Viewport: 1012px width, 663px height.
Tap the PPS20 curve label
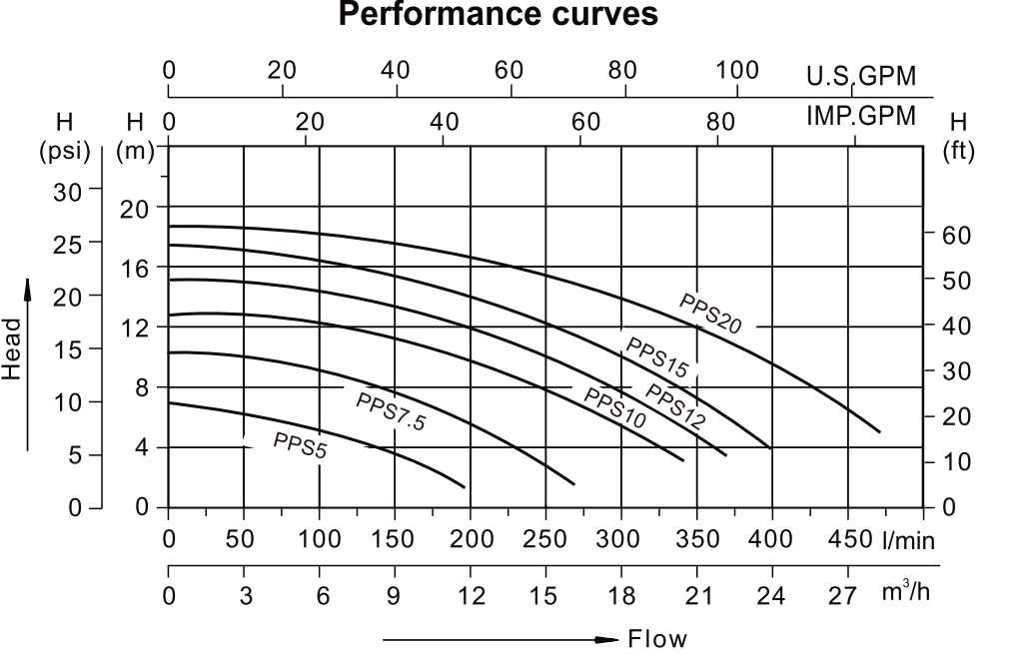tap(710, 313)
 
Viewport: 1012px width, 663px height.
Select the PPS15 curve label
tap(656, 356)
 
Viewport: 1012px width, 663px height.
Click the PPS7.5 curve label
tap(391, 410)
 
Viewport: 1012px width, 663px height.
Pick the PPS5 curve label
tap(300, 445)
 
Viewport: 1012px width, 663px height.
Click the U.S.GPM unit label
tap(860, 77)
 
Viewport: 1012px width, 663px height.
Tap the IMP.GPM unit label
tap(860, 116)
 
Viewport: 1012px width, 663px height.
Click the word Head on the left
tap(12, 348)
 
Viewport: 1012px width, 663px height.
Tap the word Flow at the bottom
tap(657, 639)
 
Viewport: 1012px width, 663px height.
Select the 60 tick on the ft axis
tap(956, 235)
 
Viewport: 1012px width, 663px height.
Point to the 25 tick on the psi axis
tap(73, 242)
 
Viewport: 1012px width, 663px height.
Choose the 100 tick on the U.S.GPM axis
tap(738, 71)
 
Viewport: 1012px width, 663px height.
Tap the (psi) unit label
tap(65, 153)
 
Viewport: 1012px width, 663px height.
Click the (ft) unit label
tap(959, 153)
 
